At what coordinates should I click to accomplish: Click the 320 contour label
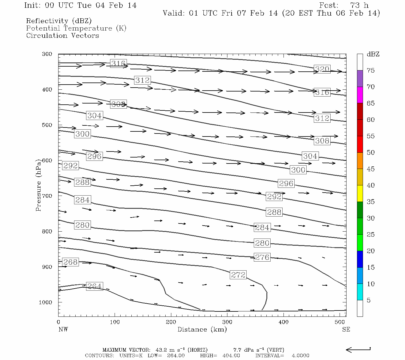click(322, 69)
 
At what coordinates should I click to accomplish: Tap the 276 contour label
click(262, 257)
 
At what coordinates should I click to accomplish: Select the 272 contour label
click(238, 274)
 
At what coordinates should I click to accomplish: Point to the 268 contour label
click(70, 262)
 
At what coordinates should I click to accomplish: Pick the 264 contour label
click(94, 286)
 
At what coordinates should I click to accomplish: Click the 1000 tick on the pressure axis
click(46, 302)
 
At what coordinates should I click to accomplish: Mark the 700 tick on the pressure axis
click(47, 196)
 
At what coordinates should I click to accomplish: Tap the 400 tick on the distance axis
click(283, 322)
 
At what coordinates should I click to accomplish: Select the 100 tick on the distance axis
click(115, 322)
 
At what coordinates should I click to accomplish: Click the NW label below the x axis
click(63, 329)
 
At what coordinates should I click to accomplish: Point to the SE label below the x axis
click(346, 329)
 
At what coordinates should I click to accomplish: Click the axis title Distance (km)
click(202, 329)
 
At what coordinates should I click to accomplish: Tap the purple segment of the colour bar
click(360, 79)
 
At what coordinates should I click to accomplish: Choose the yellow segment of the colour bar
click(360, 193)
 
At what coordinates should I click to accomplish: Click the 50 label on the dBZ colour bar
click(370, 152)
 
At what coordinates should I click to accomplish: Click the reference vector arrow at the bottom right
click(358, 349)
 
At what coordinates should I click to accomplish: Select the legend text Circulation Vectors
click(62, 35)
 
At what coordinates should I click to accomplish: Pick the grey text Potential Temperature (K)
click(76, 28)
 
